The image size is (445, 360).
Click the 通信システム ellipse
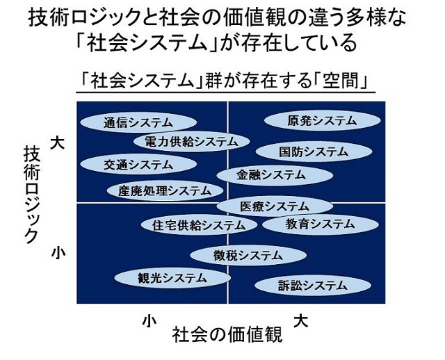coord(138,122)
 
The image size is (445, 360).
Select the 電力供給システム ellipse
coord(191,142)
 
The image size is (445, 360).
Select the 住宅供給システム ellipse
coord(194,225)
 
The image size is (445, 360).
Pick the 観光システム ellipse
coord(172,277)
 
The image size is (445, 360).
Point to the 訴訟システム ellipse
coord(311,285)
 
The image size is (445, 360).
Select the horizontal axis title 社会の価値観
coord(227,335)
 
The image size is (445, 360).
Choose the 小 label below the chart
coord(147,321)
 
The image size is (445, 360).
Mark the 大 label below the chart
coord(300,320)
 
